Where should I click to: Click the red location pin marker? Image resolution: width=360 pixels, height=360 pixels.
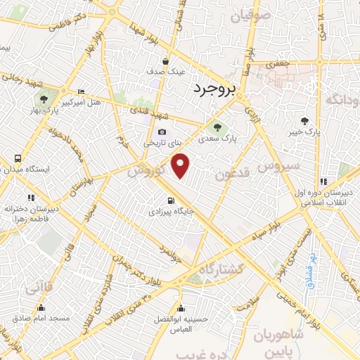[181, 166]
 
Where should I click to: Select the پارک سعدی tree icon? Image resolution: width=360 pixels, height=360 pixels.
[216, 127]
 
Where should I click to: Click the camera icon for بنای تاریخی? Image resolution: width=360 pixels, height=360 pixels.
[162, 131]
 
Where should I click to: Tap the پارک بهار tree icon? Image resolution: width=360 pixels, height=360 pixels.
[44, 98]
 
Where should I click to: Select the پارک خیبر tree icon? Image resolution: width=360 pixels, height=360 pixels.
[304, 121]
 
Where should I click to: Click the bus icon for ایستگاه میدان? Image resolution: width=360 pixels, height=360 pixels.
[16, 159]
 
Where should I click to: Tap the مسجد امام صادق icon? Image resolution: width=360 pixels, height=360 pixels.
[41, 308]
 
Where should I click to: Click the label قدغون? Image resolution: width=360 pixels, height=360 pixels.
[230, 174]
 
